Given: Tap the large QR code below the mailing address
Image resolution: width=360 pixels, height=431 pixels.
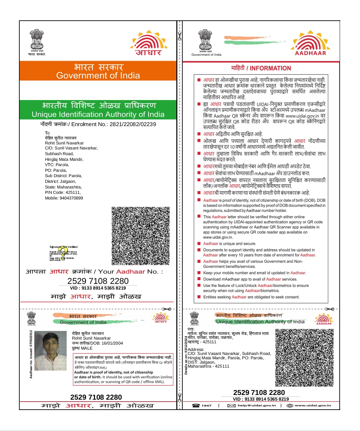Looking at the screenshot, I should click(140, 236).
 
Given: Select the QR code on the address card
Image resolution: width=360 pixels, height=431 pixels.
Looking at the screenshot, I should click(304, 358).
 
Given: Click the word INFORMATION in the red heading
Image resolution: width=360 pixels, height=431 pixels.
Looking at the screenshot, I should click(270, 68).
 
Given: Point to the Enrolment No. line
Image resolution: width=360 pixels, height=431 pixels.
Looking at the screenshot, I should click(98, 124).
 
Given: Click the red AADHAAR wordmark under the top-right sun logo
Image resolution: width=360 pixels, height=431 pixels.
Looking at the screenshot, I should click(310, 53).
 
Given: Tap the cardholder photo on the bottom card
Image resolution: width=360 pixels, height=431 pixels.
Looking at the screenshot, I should click(50, 351).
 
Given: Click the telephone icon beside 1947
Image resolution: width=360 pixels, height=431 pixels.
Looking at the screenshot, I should click(196, 406).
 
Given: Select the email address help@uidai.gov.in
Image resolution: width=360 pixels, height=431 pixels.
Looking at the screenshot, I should click(257, 406).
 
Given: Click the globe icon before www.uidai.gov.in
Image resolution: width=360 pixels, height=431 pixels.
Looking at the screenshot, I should click(290, 406).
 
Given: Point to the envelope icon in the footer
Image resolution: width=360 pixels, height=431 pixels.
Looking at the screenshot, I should click(231, 406).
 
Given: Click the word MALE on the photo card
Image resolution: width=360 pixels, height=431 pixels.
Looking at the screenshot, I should click(87, 348).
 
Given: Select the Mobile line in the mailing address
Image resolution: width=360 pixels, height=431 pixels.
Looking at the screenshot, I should click(64, 198).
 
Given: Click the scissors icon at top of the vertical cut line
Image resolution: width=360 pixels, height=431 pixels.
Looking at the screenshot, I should click(180, 36).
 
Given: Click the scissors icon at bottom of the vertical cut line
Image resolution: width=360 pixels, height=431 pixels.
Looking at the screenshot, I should click(180, 398).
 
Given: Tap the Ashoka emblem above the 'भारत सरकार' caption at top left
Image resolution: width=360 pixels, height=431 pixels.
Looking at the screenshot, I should click(37, 39).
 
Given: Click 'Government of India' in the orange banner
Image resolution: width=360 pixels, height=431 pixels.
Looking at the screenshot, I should click(98, 76).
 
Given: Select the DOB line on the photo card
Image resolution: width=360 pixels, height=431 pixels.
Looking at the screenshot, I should click(97, 343).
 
